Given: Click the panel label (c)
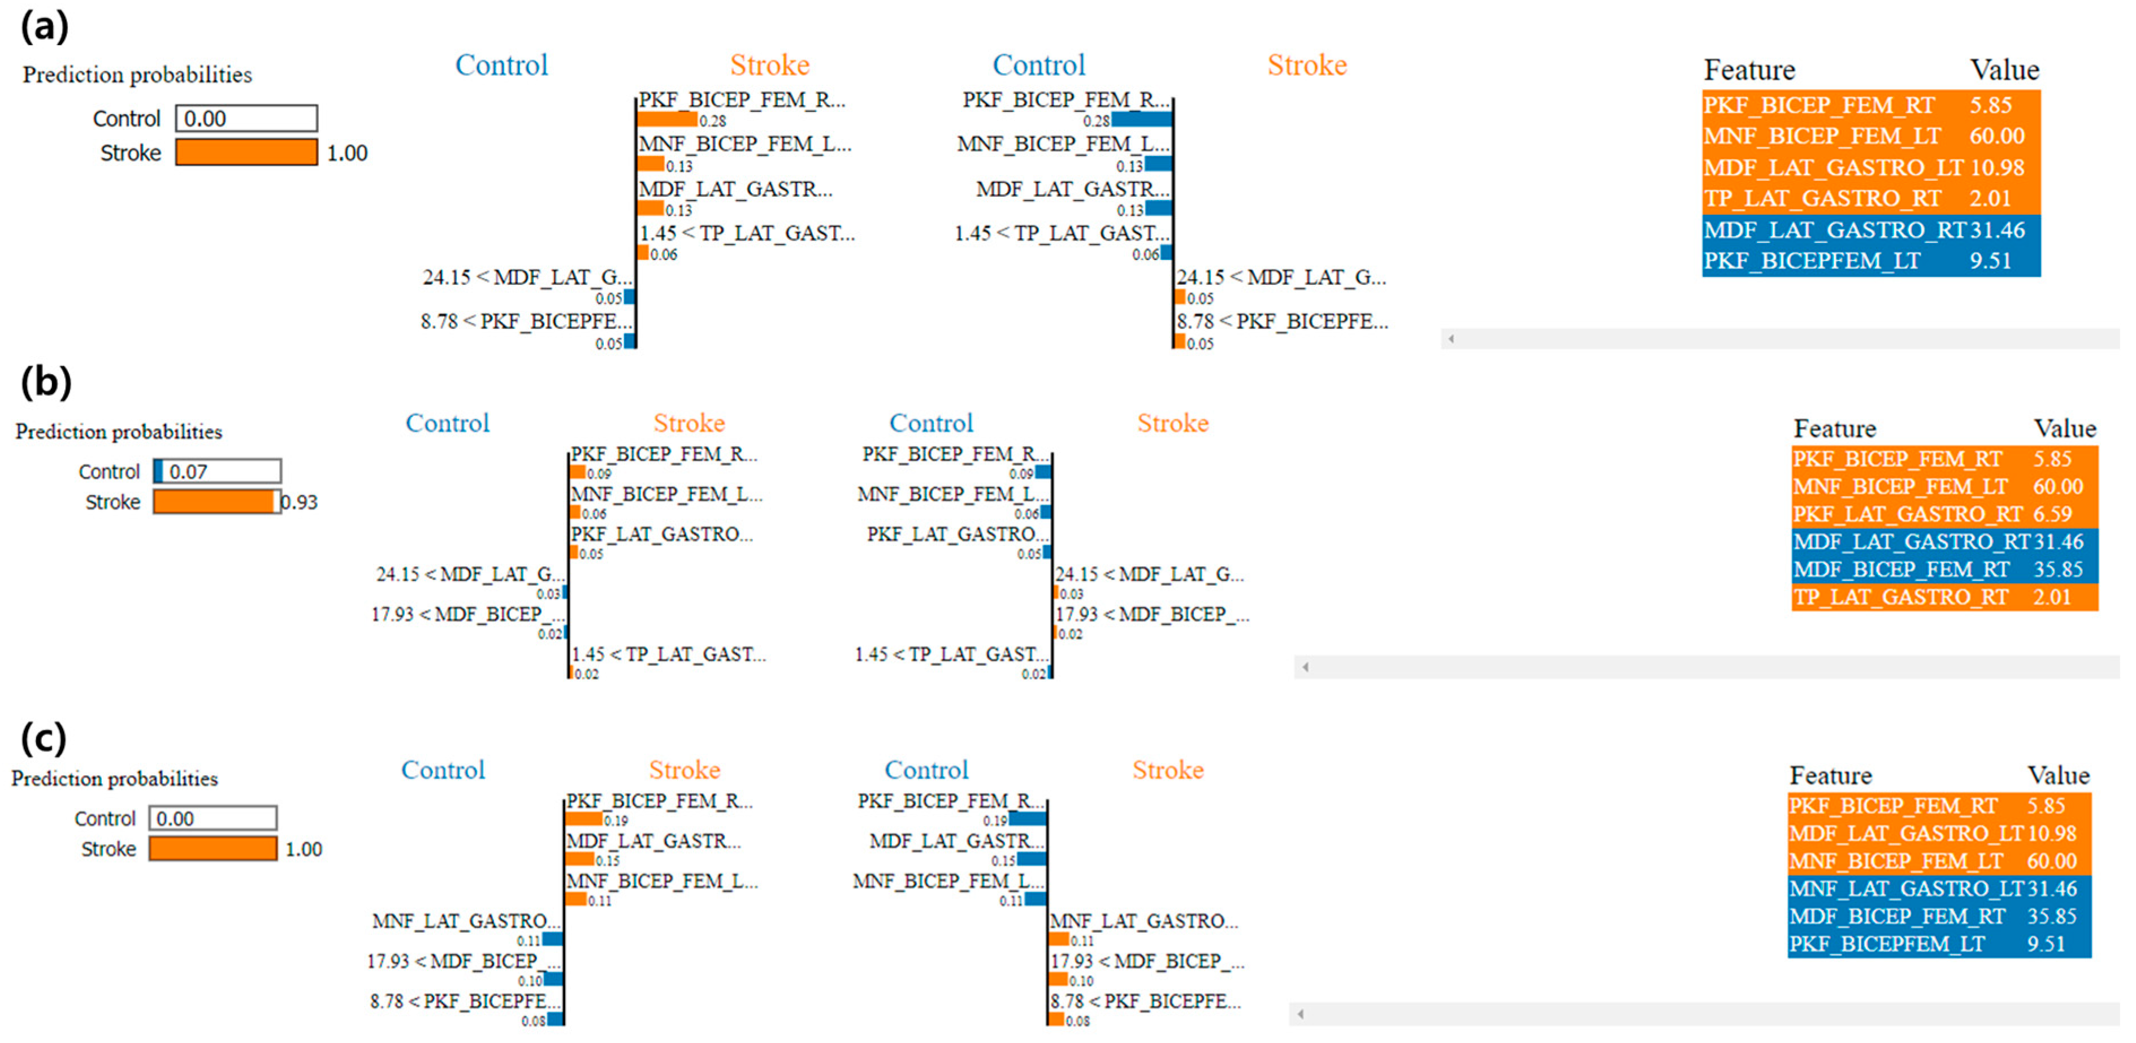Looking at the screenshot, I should [x=43, y=737].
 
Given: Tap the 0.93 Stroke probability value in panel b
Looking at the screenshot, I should [x=300, y=502].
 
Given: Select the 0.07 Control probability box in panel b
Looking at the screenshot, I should [x=217, y=471].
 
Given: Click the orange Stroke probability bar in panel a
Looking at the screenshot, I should [x=246, y=153].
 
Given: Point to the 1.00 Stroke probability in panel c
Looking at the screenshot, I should [x=304, y=849].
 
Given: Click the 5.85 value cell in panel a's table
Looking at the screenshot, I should [x=1990, y=105].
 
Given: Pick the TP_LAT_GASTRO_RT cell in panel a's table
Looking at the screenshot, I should [x=1822, y=199].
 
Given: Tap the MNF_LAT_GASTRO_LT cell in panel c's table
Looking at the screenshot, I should [x=1905, y=889].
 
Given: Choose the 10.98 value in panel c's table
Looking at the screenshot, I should [x=2051, y=833].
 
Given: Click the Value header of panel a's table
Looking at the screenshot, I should [x=2004, y=69].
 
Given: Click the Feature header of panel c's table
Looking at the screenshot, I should [x=1830, y=775].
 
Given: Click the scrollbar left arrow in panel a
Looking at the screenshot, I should [x=1451, y=338].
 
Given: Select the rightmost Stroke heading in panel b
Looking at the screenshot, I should [x=1172, y=423].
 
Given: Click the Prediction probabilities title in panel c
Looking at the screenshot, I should [x=114, y=779].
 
